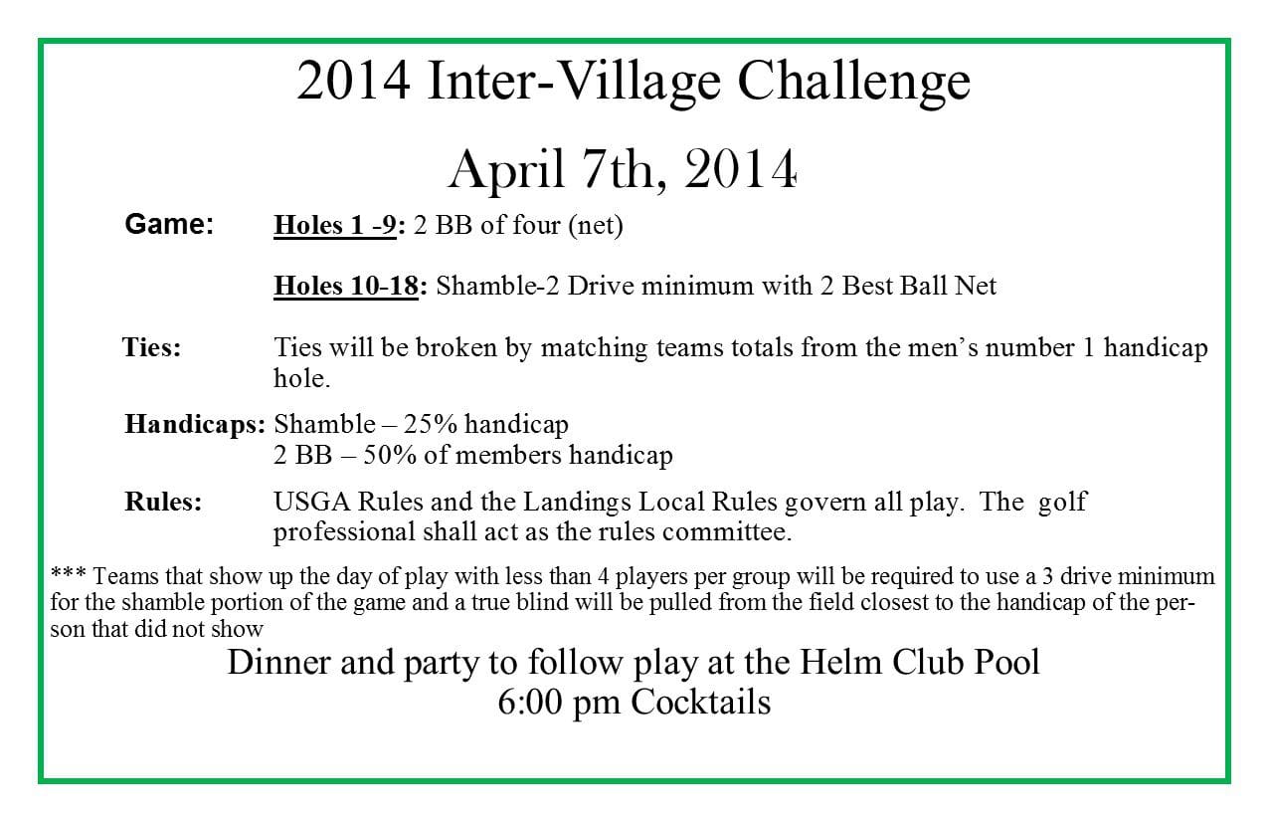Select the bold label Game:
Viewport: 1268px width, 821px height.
[169, 224]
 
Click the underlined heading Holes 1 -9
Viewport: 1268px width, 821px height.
[335, 225]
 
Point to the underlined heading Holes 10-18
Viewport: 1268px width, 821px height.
[346, 286]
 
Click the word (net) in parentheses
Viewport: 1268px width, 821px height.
[596, 226]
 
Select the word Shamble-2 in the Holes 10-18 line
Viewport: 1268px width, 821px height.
[497, 286]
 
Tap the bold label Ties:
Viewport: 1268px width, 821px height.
[152, 346]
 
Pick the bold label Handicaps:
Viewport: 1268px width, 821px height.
[195, 424]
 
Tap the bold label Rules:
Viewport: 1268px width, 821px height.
[163, 502]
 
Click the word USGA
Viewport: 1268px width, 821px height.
[312, 502]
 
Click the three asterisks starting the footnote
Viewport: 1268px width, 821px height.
[68, 573]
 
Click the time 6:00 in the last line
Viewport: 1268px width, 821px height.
[531, 702]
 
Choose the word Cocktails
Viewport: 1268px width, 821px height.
[701, 702]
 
